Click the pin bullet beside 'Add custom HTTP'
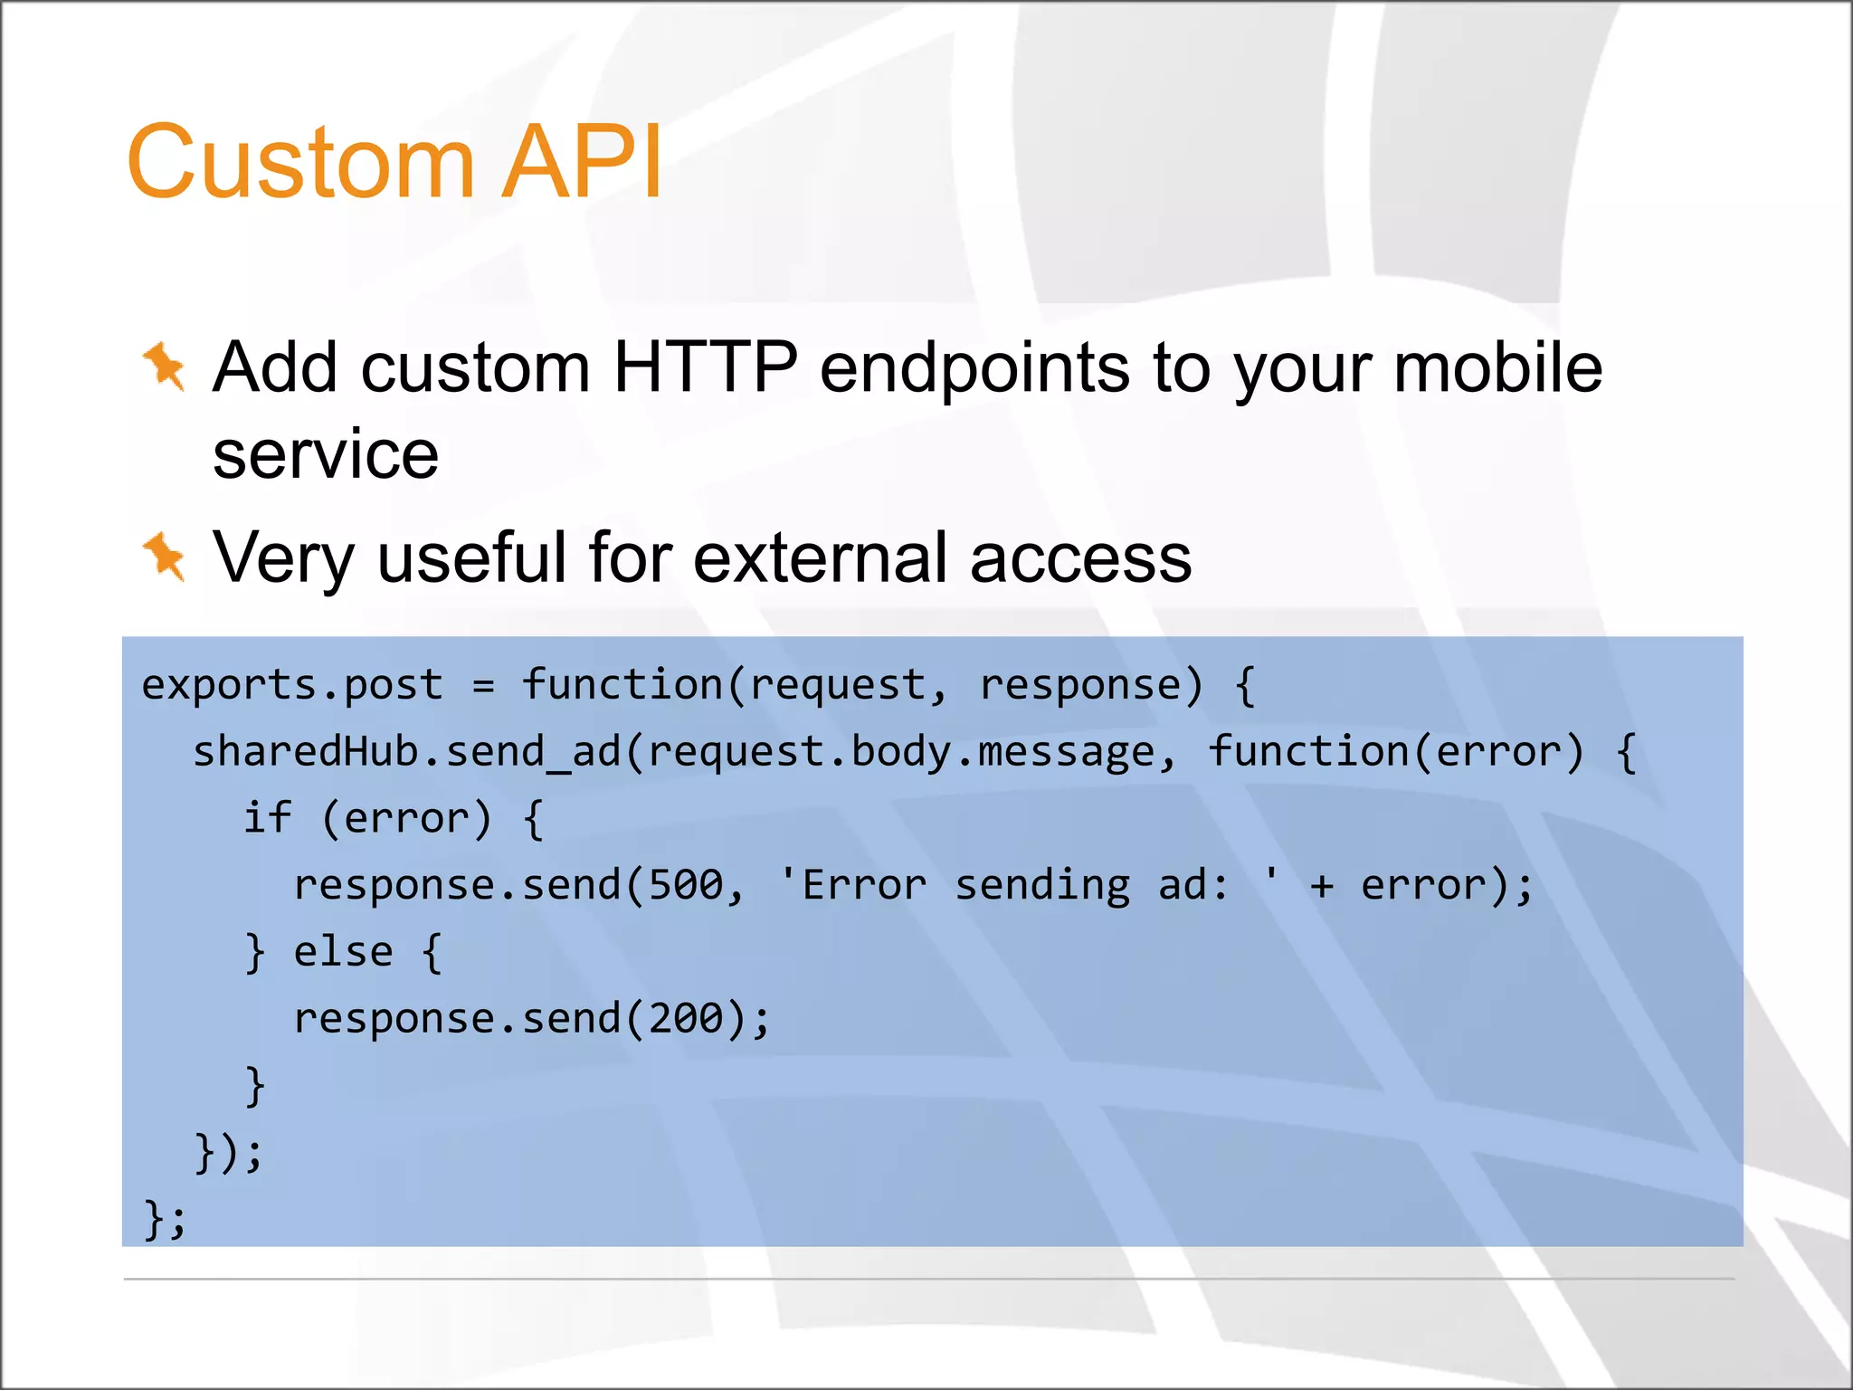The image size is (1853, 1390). pos(165,367)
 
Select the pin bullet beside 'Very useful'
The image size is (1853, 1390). pos(165,556)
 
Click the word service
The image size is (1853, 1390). pos(325,454)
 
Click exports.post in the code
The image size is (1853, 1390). pos(292,685)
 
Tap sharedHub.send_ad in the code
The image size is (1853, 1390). pos(406,752)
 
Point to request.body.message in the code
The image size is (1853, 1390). pos(901,752)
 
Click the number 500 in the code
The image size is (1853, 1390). pos(686,885)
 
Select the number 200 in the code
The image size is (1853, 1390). pos(686,1019)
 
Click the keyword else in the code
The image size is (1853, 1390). pos(344,952)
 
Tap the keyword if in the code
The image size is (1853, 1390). pos(267,818)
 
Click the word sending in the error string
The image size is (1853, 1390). pos(1042,885)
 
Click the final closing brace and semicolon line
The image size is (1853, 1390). pos(165,1218)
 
